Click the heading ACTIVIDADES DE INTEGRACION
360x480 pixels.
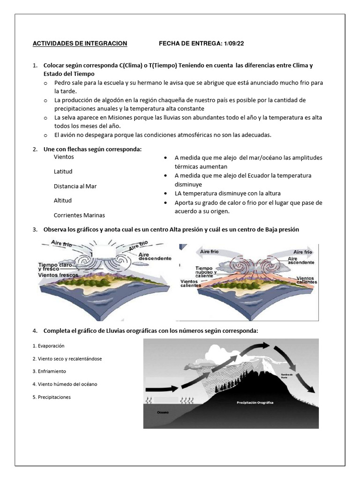tap(80, 44)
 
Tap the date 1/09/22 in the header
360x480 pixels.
tap(233, 44)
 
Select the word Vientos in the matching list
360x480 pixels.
tap(64, 157)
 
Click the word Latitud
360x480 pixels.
tap(63, 172)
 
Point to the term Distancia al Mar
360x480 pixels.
tap(75, 186)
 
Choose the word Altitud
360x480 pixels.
tap(63, 201)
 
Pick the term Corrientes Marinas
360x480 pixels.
tap(79, 215)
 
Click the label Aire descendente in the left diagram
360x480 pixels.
tap(154, 256)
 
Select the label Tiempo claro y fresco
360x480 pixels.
tap(55, 267)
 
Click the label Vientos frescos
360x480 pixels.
tap(58, 275)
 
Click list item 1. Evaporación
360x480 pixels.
tap(48, 345)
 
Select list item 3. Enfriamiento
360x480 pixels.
tap(49, 371)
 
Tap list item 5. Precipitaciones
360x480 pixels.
tap(52, 397)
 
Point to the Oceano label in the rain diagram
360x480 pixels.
tap(163, 412)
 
